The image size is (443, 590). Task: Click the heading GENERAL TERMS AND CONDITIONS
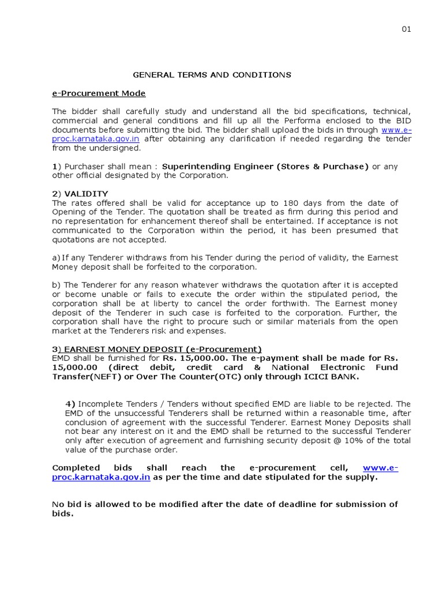tap(212, 75)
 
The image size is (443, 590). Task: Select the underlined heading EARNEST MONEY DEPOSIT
tap(163, 349)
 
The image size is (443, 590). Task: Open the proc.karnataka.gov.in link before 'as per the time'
tap(101, 477)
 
